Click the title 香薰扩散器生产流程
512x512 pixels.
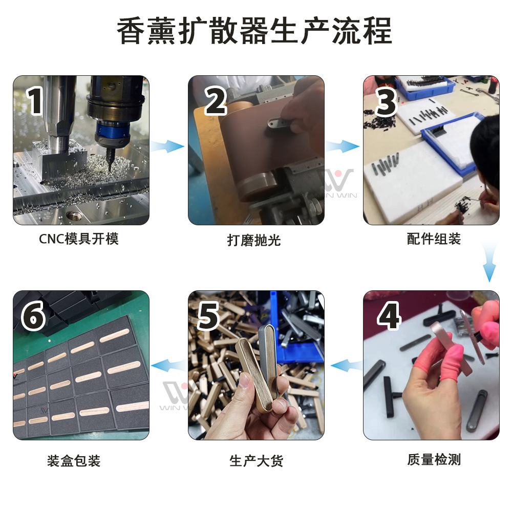click(x=254, y=32)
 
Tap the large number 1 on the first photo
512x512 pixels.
click(x=35, y=101)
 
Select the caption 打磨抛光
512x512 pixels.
click(x=254, y=240)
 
